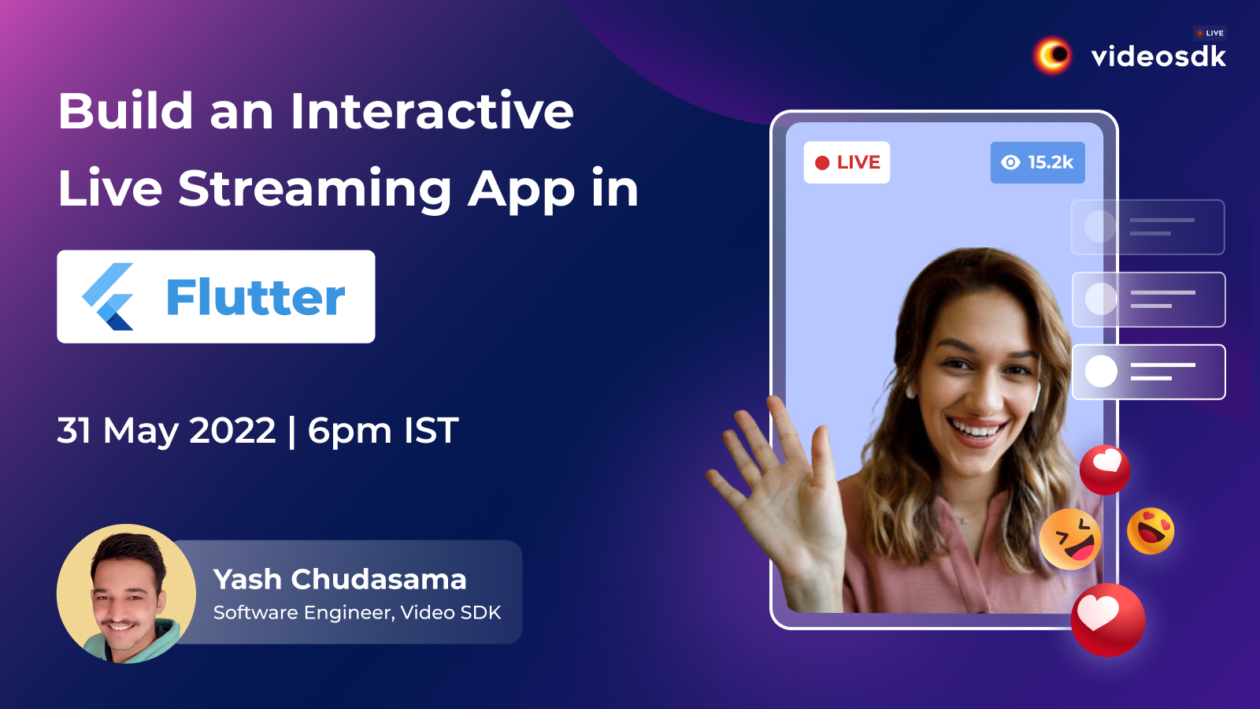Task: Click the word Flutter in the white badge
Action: tap(255, 296)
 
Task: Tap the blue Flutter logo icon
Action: tap(108, 296)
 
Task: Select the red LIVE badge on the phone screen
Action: tap(847, 162)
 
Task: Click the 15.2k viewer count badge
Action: tap(1037, 162)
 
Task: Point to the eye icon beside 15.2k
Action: tap(1010, 162)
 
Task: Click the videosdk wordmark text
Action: tap(1158, 57)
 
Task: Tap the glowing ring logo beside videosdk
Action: tap(1052, 55)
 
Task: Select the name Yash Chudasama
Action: tap(339, 579)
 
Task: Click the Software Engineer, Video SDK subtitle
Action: tap(357, 612)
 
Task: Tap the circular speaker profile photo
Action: tap(126, 594)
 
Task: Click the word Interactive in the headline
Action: tap(432, 111)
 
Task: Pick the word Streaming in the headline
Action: tap(314, 190)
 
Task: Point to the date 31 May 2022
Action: tap(166, 430)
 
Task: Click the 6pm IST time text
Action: tap(383, 431)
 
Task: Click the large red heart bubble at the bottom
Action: tap(1107, 619)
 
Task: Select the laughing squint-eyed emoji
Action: tap(1070, 539)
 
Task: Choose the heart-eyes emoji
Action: tap(1151, 531)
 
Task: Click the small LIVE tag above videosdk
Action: tap(1210, 33)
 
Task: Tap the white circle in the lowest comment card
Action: tap(1101, 371)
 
